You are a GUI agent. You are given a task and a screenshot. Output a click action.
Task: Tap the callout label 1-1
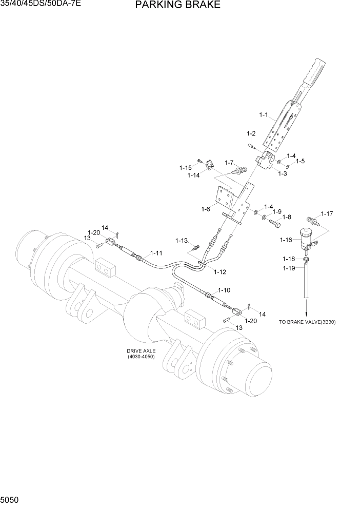(264, 115)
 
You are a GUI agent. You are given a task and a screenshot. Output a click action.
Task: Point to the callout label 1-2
(251, 133)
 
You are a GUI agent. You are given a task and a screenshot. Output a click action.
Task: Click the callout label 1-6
(206, 209)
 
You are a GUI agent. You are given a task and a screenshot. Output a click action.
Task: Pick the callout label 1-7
(228, 163)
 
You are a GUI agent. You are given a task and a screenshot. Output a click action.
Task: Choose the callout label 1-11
(156, 253)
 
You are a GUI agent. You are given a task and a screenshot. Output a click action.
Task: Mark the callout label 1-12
(220, 271)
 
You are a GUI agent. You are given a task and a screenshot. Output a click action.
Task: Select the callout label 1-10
(224, 290)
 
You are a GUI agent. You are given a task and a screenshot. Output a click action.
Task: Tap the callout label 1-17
(327, 213)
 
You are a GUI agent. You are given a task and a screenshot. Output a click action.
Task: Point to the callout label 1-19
(289, 268)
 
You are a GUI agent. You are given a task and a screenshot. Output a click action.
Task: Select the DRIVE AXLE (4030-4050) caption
(141, 354)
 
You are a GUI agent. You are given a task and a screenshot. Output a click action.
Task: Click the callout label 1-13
(182, 240)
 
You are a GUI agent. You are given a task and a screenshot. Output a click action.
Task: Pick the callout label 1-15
(185, 167)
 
